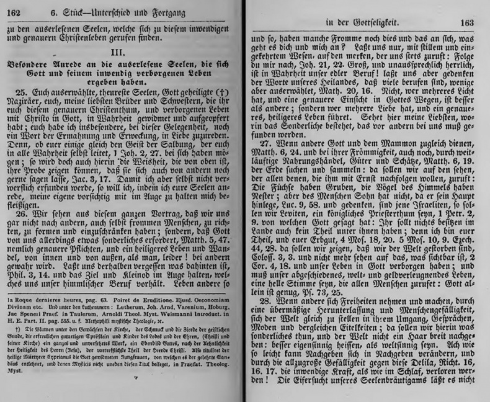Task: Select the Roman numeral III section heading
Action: point(118,51)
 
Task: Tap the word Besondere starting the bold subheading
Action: point(30,65)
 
